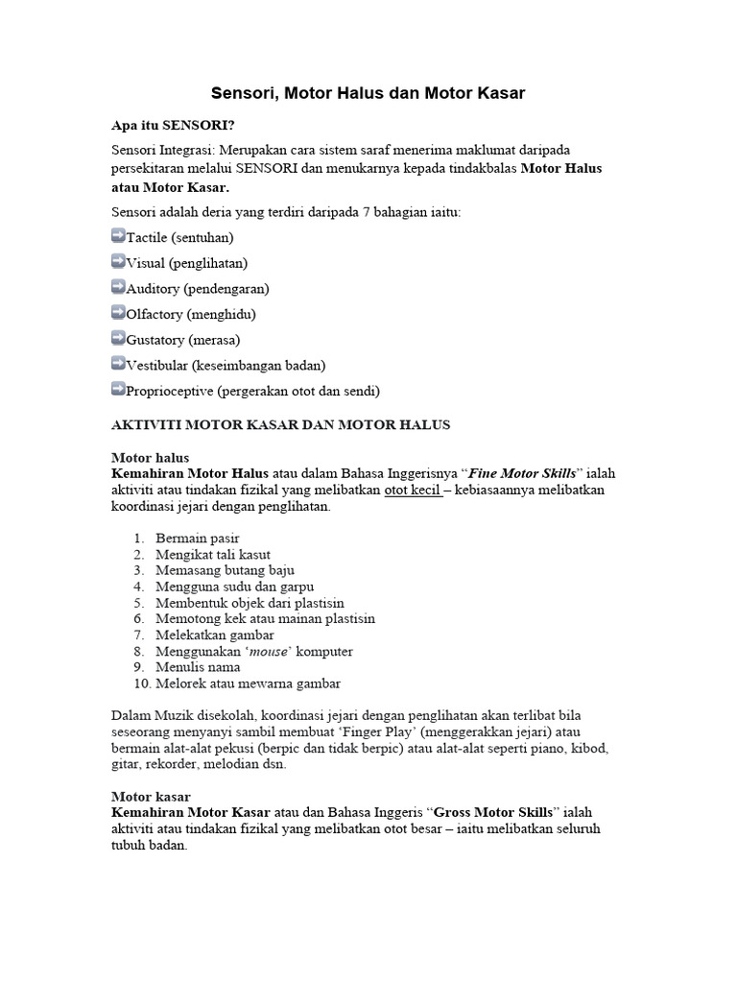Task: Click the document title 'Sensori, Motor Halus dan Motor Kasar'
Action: pos(368,93)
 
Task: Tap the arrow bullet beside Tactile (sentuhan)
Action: pos(118,235)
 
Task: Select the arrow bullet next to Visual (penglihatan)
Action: pos(118,261)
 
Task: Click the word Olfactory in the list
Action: pos(155,314)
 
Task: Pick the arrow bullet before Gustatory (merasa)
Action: pos(118,339)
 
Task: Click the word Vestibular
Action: pos(156,366)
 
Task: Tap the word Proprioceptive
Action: pos(170,392)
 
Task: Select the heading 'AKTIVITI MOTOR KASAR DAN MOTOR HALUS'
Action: pos(281,424)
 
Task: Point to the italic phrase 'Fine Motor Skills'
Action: pos(524,474)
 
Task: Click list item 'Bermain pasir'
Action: pos(204,539)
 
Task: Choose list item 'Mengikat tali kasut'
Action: pos(220,555)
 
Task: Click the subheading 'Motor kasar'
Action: pos(151,796)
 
